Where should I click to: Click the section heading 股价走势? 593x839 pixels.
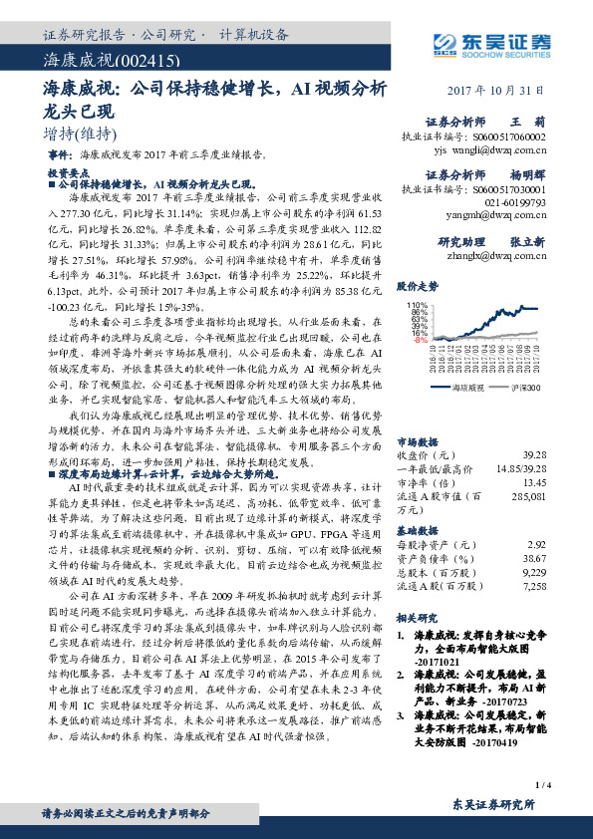[419, 285]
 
